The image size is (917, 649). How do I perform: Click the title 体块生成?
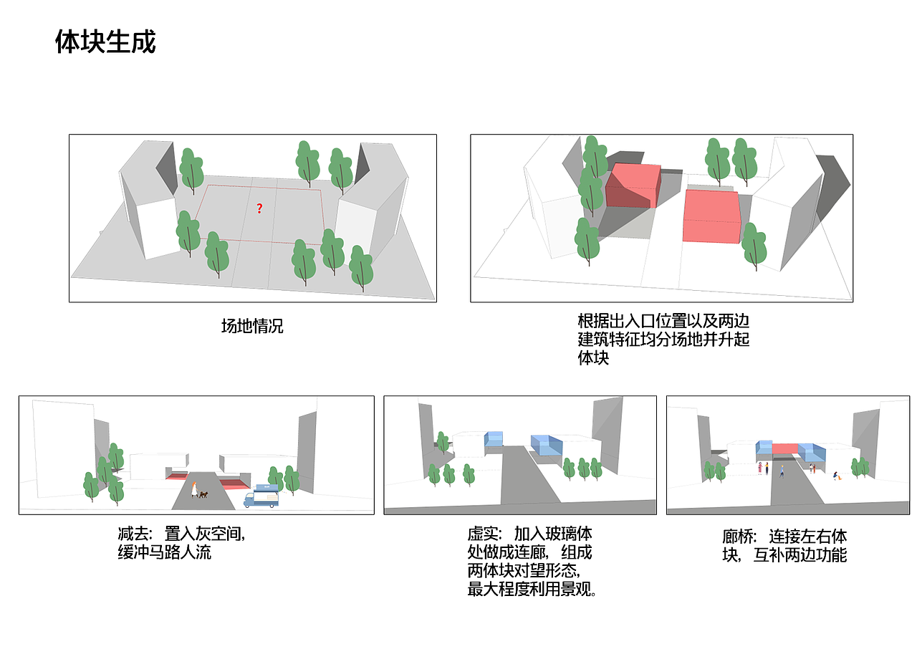point(105,43)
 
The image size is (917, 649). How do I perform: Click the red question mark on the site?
point(259,208)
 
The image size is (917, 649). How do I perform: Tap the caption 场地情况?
point(252,326)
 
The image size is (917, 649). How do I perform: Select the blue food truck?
point(261,496)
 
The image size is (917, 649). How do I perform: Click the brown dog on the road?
point(203,494)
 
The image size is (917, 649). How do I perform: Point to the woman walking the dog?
point(194,489)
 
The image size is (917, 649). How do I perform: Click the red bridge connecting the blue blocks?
point(784,448)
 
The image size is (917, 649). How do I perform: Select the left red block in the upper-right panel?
point(633,186)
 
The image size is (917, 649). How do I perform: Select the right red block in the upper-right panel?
point(712,216)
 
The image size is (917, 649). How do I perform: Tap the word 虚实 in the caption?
point(484,534)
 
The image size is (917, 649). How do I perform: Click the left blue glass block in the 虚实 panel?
point(494,439)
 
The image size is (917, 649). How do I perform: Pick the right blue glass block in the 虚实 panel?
point(547,445)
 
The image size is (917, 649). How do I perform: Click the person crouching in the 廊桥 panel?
point(836,475)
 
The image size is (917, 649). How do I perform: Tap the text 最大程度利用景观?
point(532,590)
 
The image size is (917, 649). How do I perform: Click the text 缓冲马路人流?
point(165,553)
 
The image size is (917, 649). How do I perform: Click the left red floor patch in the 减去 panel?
point(176,476)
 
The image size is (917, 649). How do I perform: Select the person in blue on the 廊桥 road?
point(782,471)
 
